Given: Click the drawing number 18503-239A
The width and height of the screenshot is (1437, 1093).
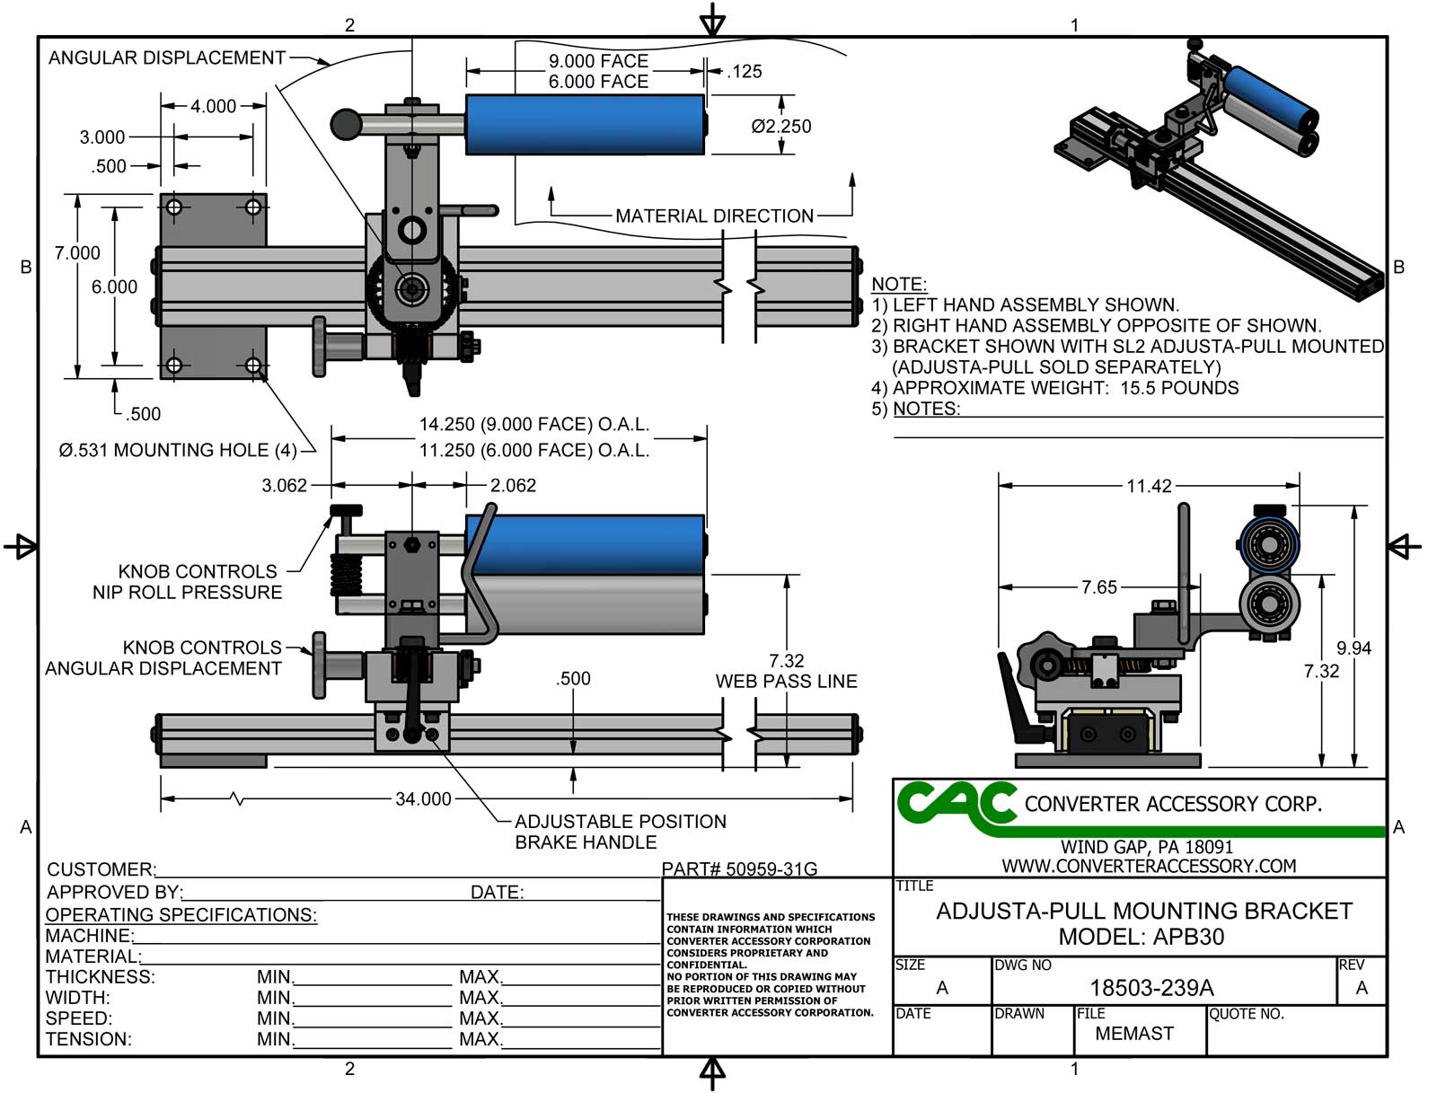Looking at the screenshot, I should tap(1151, 988).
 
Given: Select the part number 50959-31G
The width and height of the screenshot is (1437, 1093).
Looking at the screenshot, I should tap(740, 868).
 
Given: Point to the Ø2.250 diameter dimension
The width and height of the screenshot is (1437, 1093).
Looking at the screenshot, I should tap(780, 127).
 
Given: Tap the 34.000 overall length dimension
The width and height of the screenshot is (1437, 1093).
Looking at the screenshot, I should tap(423, 798).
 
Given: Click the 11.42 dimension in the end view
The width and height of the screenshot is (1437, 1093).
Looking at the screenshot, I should tap(1149, 486).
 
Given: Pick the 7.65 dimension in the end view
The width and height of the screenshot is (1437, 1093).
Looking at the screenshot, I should tap(1098, 587).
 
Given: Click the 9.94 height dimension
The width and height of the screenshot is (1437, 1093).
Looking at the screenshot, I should tap(1353, 648).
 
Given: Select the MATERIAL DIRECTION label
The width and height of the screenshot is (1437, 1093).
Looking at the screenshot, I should tap(714, 216).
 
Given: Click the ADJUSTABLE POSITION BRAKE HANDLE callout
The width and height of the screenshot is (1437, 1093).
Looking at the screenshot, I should tap(620, 832).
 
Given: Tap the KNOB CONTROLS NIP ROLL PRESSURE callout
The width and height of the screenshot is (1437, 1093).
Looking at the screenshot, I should tap(187, 582).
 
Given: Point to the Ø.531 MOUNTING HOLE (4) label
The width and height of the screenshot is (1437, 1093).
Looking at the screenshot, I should tap(177, 450).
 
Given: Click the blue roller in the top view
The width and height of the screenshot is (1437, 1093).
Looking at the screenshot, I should tap(584, 124).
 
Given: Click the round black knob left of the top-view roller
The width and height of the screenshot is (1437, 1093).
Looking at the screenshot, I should tap(346, 124).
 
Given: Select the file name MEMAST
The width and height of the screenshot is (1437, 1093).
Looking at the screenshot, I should tap(1133, 1033).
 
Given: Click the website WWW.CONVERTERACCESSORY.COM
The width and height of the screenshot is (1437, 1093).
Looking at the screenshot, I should tap(1149, 866).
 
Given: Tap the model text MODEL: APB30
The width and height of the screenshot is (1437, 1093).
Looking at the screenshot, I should tap(1141, 937).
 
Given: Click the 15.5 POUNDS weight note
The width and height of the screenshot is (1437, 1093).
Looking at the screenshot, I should tap(1179, 388).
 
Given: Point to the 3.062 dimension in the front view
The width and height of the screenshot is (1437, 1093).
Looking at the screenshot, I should tap(284, 486).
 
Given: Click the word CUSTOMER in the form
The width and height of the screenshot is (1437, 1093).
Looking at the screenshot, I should tap(100, 869).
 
